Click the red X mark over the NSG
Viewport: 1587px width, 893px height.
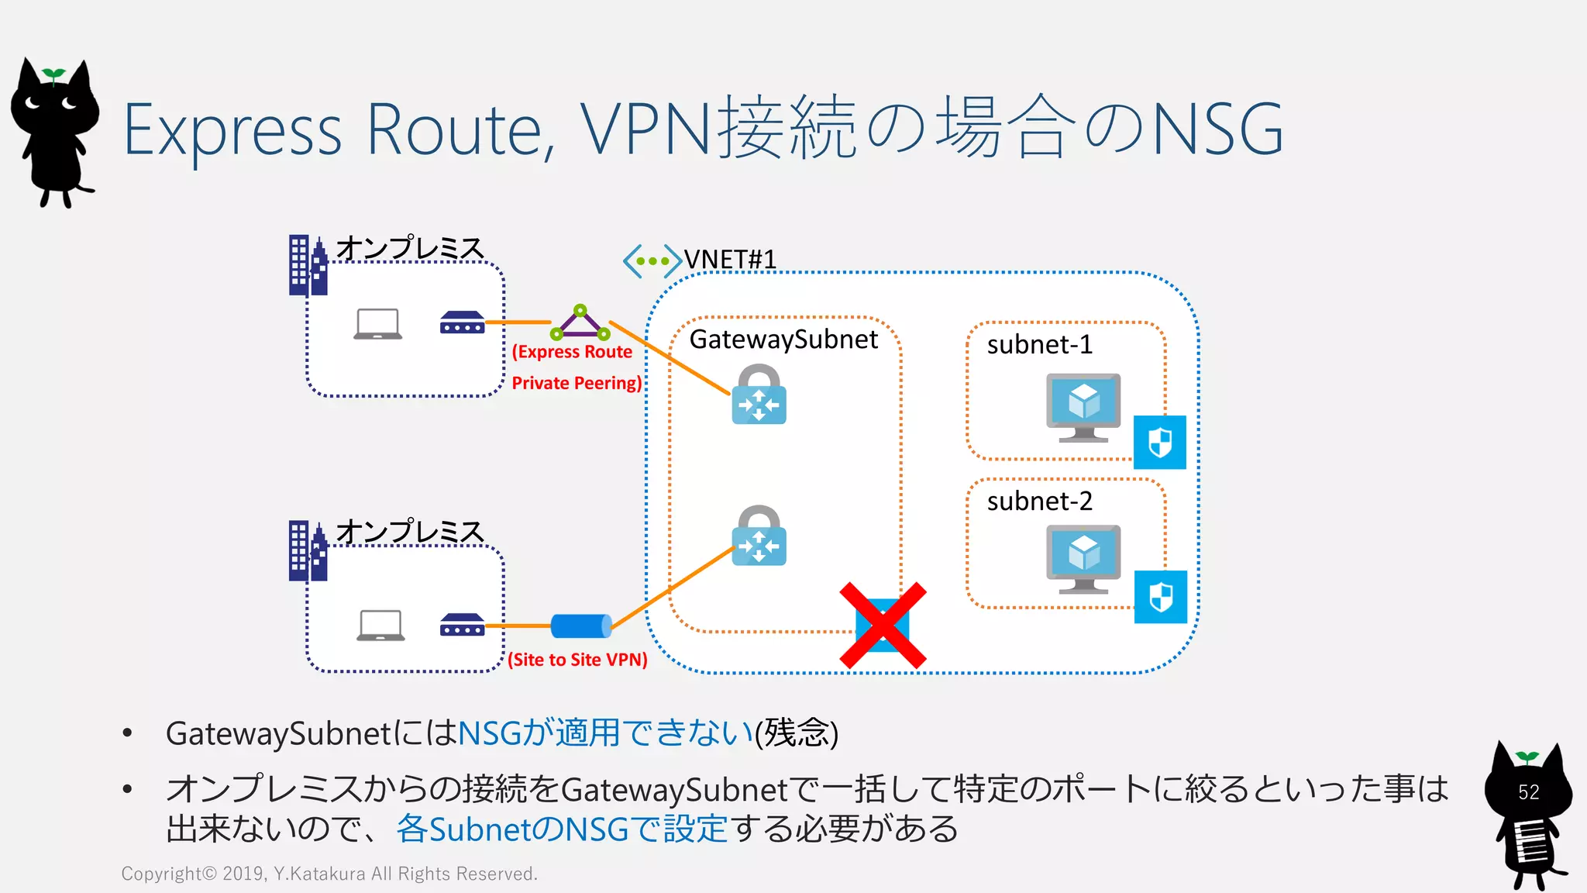(x=883, y=625)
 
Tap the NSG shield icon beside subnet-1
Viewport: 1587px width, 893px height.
(x=1159, y=443)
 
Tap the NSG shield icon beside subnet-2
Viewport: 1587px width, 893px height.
(x=1160, y=597)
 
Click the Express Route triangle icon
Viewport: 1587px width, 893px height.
(x=580, y=323)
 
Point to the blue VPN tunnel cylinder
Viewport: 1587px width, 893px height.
(x=581, y=626)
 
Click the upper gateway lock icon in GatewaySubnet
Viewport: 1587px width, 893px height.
(x=759, y=395)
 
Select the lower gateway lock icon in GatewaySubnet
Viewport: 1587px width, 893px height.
(x=759, y=536)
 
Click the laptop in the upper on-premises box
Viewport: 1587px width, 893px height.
(x=377, y=324)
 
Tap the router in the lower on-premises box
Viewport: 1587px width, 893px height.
(x=462, y=625)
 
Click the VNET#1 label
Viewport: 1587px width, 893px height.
(x=730, y=260)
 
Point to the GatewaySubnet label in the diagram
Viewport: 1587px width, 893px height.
(x=783, y=340)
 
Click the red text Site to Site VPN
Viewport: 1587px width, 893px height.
(x=577, y=660)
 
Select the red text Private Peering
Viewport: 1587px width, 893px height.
(x=577, y=383)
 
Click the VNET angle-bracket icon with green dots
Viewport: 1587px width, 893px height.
(x=652, y=261)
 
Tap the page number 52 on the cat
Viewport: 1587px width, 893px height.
(x=1528, y=792)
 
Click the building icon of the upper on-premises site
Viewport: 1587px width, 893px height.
(x=308, y=266)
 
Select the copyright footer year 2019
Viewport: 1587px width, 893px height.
(x=243, y=874)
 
